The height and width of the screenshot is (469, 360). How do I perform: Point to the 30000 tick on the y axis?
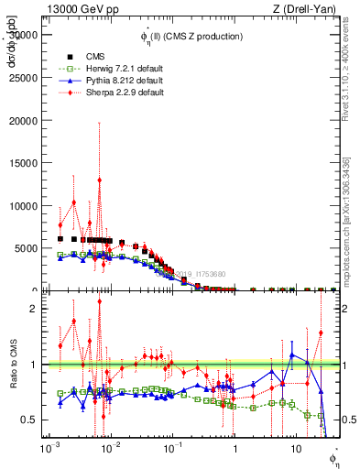25,34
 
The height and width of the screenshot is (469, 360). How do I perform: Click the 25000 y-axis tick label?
25,77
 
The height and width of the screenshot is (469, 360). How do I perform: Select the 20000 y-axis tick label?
25,120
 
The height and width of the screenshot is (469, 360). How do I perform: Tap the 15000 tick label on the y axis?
25,163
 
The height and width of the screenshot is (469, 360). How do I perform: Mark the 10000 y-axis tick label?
25,205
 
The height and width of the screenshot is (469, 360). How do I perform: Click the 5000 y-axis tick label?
27,248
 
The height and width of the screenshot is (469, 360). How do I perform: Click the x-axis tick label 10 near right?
295,450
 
